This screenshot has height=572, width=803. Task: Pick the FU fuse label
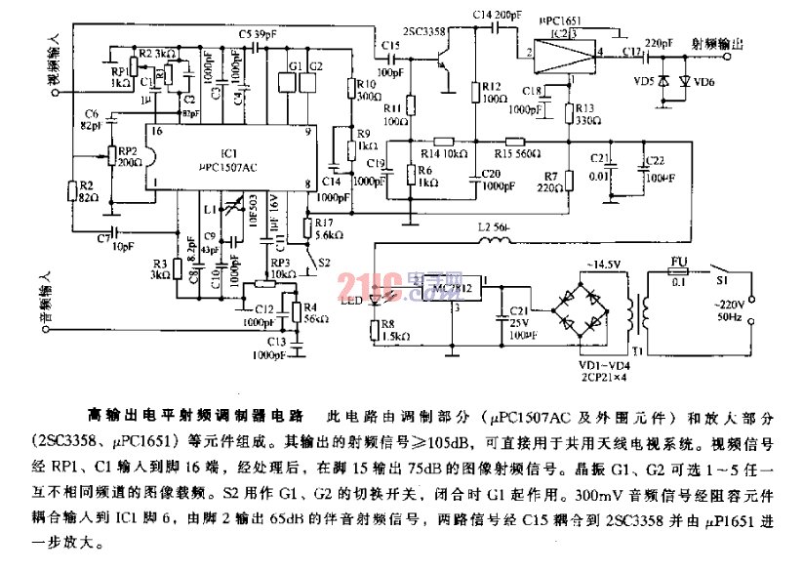tap(680, 262)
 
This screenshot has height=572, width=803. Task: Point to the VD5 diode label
tap(644, 81)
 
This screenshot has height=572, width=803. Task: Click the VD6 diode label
tap(703, 81)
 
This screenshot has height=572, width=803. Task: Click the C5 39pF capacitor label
tap(256, 32)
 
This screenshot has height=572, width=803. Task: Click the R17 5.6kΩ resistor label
tap(327, 228)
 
